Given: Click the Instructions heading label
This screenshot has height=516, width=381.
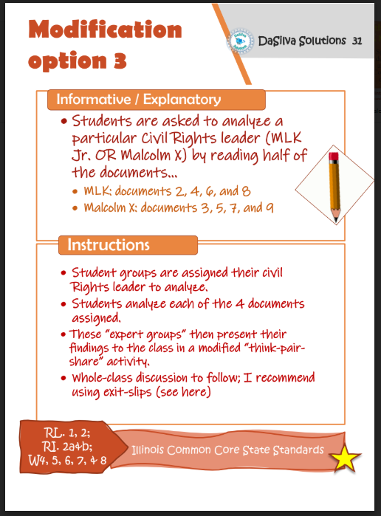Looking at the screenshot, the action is pyautogui.click(x=109, y=244).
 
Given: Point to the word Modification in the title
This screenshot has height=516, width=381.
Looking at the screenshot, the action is pyautogui.click(x=105, y=30).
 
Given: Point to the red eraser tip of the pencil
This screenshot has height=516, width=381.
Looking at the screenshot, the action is pyautogui.click(x=334, y=157).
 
